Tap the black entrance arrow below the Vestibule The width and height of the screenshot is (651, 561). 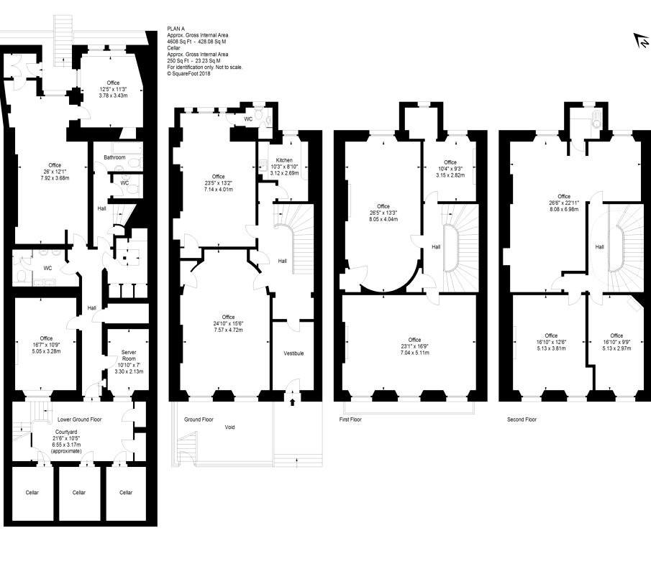pos(292,402)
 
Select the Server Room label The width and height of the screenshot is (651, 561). pos(129,356)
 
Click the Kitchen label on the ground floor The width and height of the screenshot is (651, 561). pos(284,160)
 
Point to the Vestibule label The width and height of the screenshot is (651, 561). pos(293,353)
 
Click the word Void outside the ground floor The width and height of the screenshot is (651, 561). pos(229,427)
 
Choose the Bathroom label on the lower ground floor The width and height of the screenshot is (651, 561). pos(114,157)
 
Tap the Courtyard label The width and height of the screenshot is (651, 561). pos(66,432)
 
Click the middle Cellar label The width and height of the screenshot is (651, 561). pos(79,493)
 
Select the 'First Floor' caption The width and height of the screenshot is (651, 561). pos(350,419)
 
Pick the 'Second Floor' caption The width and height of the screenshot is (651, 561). pos(522,419)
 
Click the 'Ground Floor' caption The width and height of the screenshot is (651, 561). pos(199,419)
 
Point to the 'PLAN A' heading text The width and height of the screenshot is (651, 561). pos(176,29)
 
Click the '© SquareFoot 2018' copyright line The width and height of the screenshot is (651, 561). pos(188,74)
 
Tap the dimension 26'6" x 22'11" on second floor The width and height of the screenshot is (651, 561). pos(564,203)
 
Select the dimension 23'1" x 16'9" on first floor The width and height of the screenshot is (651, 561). pos(414,346)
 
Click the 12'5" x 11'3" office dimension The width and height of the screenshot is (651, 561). pos(113,89)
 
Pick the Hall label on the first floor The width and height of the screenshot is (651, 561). pos(436,247)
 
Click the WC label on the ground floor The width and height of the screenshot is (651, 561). pos(248,119)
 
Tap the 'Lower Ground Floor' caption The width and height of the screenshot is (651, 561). pos(79,419)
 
